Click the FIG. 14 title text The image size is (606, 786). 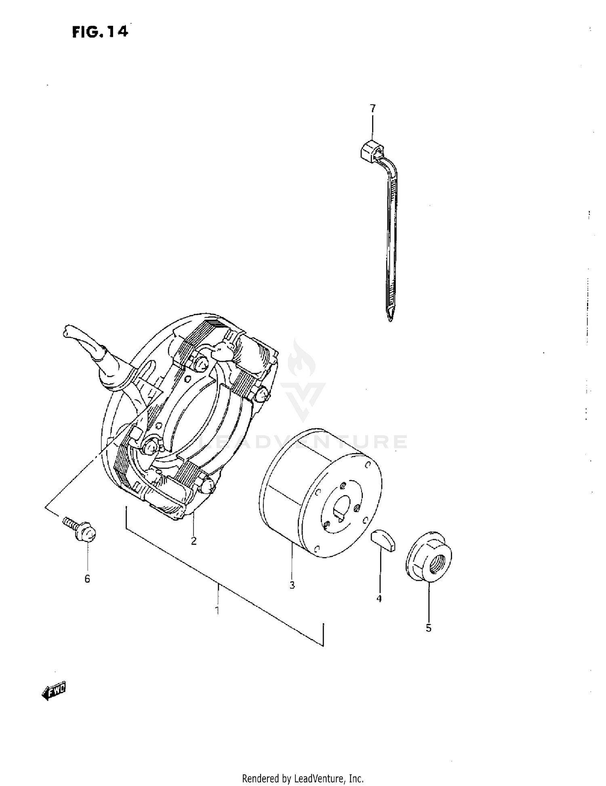pyautogui.click(x=100, y=32)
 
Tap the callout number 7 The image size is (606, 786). pyautogui.click(x=372, y=108)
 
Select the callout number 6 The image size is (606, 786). pyautogui.click(x=87, y=579)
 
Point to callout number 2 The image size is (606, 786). pyautogui.click(x=194, y=541)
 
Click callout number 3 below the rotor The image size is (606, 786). pyautogui.click(x=292, y=584)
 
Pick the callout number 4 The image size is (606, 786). pyautogui.click(x=379, y=599)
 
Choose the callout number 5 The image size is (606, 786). pyautogui.click(x=429, y=628)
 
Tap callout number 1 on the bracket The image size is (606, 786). pyautogui.click(x=217, y=610)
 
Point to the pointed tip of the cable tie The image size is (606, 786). pyautogui.click(x=390, y=321)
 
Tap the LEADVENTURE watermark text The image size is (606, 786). pyautogui.click(x=303, y=442)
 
